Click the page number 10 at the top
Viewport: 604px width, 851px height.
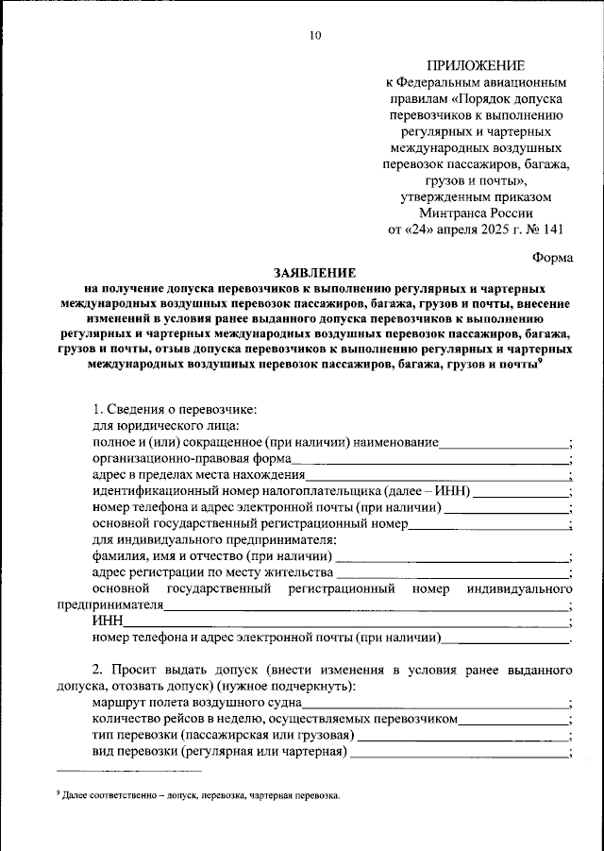click(x=315, y=36)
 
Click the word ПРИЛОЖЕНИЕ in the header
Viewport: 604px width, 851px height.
click(x=476, y=65)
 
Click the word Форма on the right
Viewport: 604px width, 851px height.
click(x=552, y=256)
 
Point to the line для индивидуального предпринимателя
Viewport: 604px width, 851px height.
click(x=214, y=539)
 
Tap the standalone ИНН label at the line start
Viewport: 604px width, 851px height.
click(x=108, y=621)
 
